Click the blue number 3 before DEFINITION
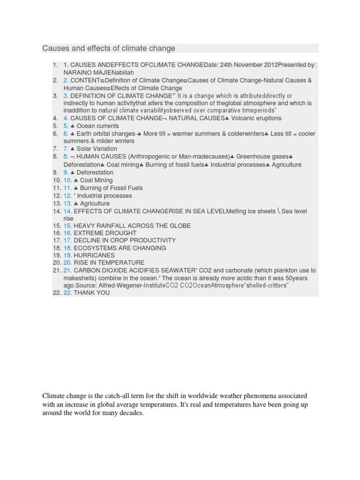point(66,96)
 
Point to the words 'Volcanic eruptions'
point(256,118)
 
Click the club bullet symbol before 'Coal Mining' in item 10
point(76,180)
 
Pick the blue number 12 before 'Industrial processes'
point(68,196)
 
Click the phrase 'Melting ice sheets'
point(251,211)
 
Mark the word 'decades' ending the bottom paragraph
point(131,414)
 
